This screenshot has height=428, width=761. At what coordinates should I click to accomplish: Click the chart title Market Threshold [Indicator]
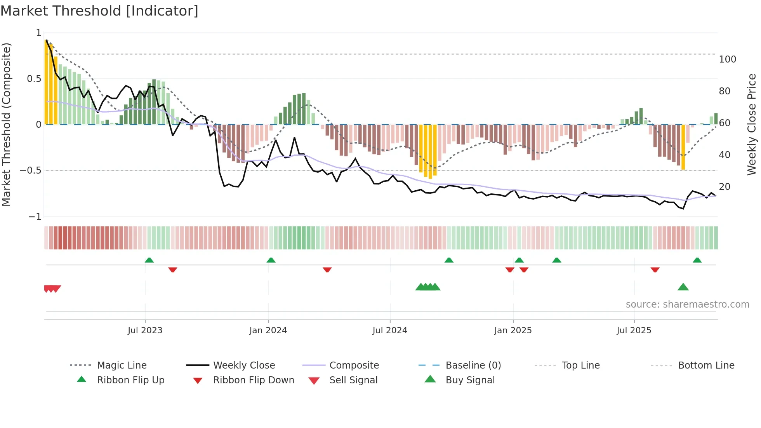pyautogui.click(x=99, y=11)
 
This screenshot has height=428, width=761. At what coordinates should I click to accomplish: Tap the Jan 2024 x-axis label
pyautogui.click(x=268, y=331)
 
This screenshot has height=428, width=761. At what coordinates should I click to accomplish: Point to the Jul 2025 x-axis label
pyautogui.click(x=634, y=331)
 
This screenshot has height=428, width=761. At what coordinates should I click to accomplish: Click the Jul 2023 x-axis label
pyautogui.click(x=145, y=331)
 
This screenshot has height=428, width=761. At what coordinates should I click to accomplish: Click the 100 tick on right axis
pyautogui.click(x=727, y=59)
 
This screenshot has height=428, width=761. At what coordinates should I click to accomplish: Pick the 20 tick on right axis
pyautogui.click(x=725, y=187)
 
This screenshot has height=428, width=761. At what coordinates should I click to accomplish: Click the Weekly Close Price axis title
pyautogui.click(x=752, y=124)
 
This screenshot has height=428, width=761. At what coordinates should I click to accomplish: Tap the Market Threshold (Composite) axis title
pyautogui.click(x=6, y=124)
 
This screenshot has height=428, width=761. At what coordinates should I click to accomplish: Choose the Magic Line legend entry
pyautogui.click(x=122, y=365)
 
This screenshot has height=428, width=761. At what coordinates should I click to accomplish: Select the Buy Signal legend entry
pyautogui.click(x=470, y=380)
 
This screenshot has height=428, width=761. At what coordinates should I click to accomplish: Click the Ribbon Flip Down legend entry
pyautogui.click(x=253, y=380)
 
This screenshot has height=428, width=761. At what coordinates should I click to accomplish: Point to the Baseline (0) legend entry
pyautogui.click(x=473, y=365)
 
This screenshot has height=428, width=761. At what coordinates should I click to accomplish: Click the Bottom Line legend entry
pyautogui.click(x=706, y=365)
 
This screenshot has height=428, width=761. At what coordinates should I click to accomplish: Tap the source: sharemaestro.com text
pyautogui.click(x=687, y=304)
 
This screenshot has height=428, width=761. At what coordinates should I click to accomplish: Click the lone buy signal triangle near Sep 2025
pyautogui.click(x=683, y=287)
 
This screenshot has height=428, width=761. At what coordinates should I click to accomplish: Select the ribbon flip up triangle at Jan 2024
pyautogui.click(x=271, y=260)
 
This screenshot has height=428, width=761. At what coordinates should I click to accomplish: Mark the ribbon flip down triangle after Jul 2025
pyautogui.click(x=655, y=270)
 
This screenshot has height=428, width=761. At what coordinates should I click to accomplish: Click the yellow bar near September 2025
pyautogui.click(x=683, y=147)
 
